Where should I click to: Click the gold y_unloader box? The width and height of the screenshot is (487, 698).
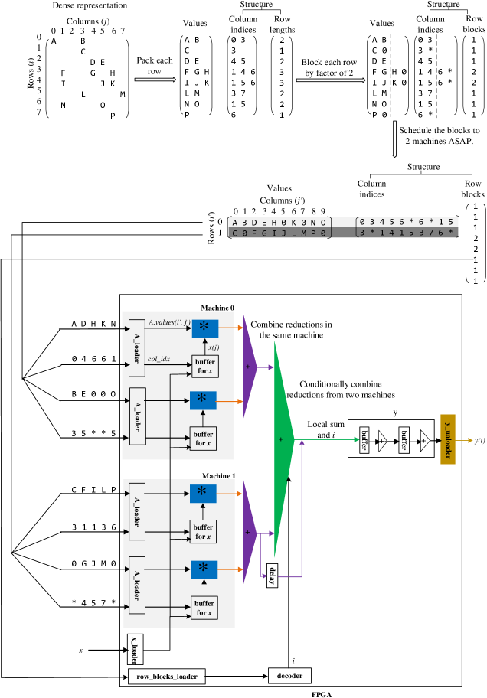pos(448,439)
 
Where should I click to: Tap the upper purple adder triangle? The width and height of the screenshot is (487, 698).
pos(248,367)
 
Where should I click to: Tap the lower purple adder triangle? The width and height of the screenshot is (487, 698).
pos(248,533)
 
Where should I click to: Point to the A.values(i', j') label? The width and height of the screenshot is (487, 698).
pos(169,322)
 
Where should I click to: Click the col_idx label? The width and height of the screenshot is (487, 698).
pos(159,359)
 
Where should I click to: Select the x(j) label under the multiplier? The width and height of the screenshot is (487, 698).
pos(214,347)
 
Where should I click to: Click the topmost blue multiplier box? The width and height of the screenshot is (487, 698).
pos(204,328)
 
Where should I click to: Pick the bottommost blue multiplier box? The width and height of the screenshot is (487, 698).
pos(204,569)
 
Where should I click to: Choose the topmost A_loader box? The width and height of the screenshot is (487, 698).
pos(137,348)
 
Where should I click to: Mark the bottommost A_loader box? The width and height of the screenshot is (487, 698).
pos(137,585)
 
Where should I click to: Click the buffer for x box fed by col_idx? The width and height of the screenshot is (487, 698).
pos(204,367)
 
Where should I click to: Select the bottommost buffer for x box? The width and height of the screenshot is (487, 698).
pos(204,608)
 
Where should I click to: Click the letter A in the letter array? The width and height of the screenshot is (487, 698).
pos(235,223)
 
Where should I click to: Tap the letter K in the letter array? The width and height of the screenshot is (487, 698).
pos(293,223)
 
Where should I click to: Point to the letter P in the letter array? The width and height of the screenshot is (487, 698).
pos(313,233)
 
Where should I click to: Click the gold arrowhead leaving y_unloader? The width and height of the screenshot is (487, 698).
pos(470,440)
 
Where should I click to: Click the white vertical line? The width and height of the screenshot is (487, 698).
pos(394,139)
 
